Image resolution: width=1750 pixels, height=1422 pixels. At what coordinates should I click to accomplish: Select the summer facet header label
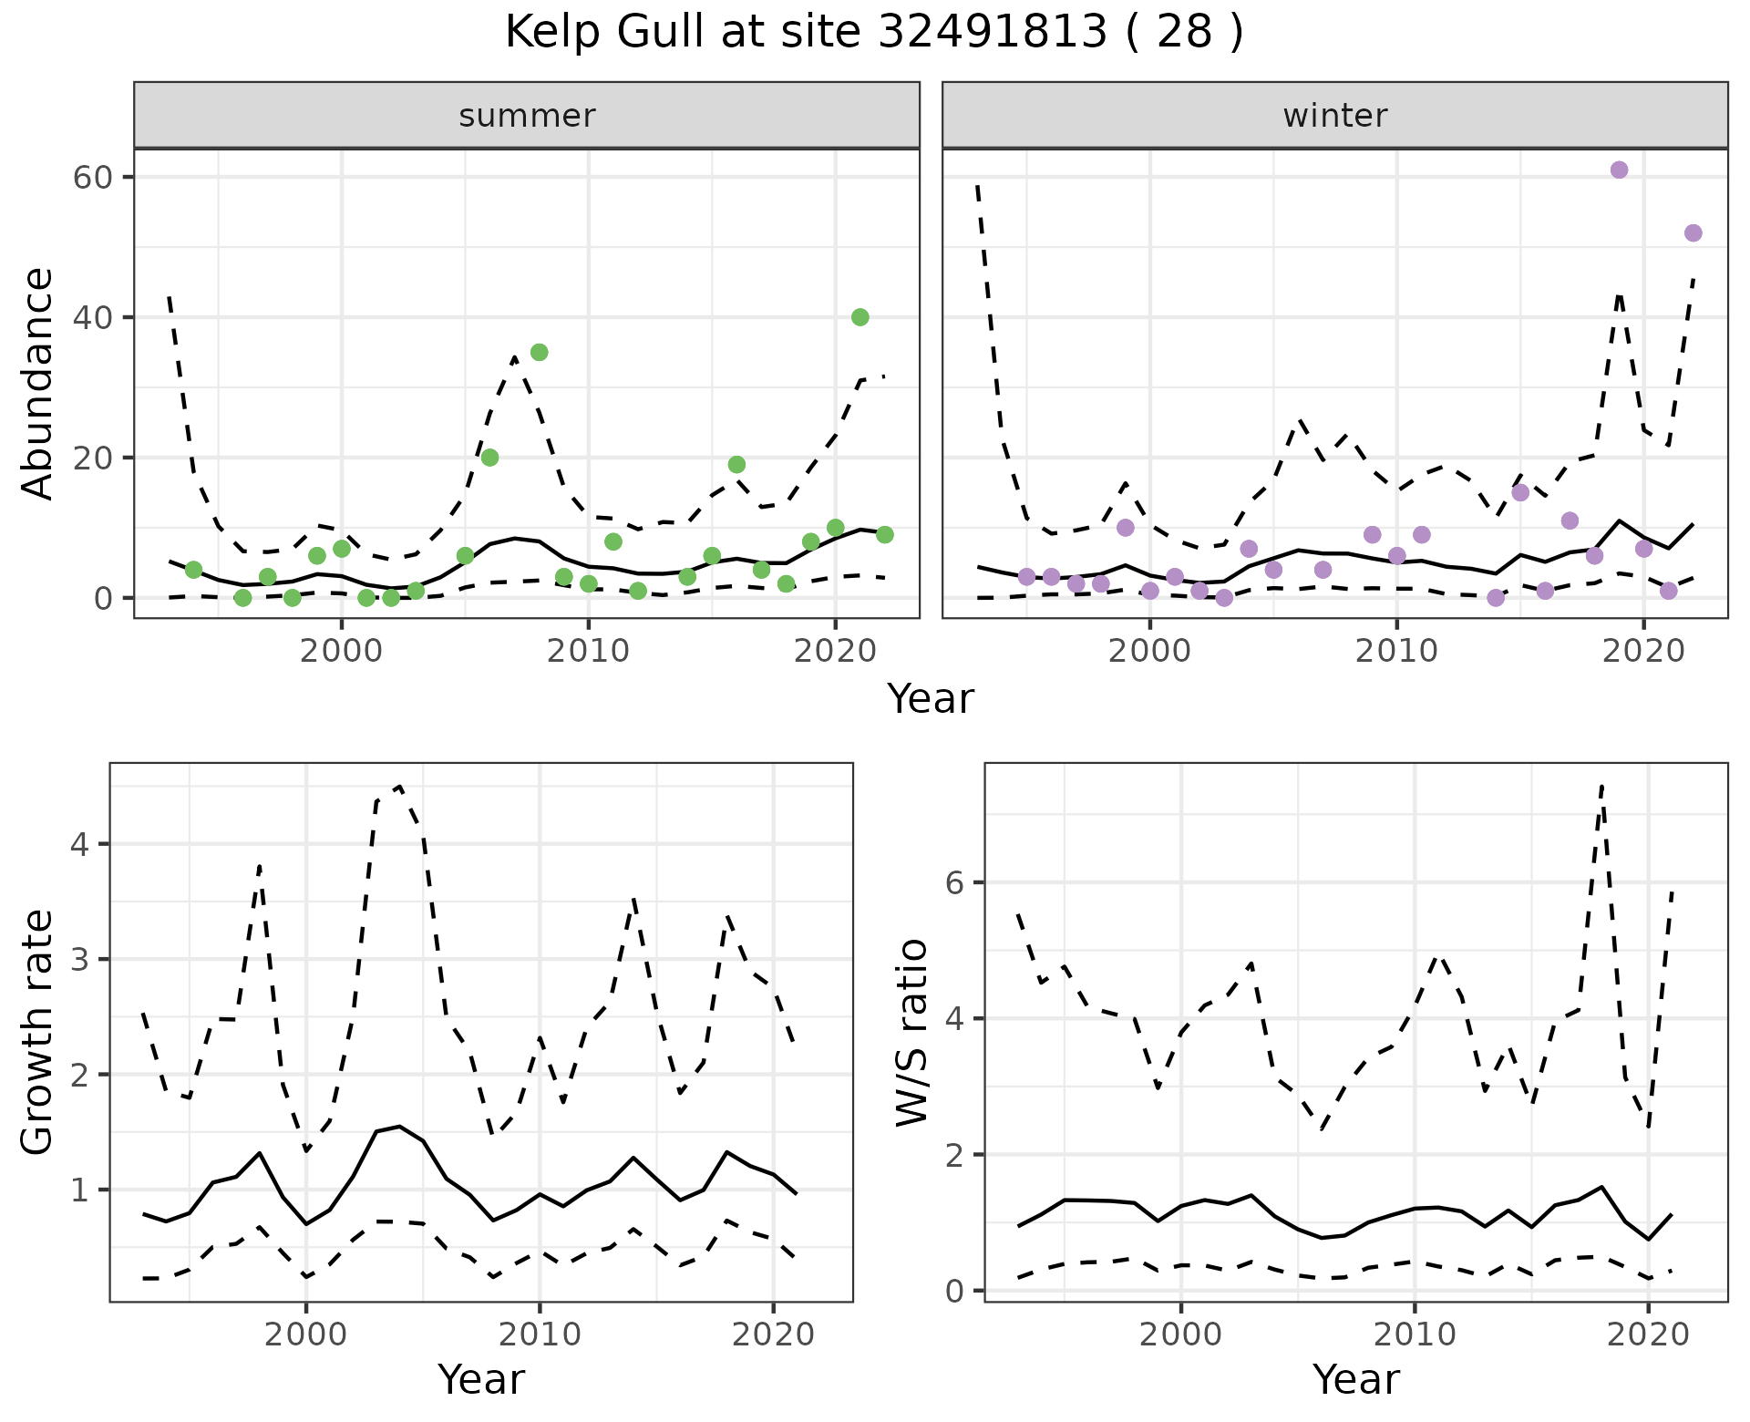(x=527, y=116)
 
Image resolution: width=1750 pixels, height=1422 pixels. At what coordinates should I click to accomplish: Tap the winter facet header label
(x=1334, y=116)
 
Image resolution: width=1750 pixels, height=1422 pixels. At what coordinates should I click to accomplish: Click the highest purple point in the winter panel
(x=1619, y=170)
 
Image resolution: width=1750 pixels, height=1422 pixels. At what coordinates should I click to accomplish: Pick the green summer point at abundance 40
(x=860, y=317)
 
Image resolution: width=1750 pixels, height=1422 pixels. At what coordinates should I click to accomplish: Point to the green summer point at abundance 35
(x=539, y=353)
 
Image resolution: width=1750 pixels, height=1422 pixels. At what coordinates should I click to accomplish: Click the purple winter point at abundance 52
(x=1693, y=233)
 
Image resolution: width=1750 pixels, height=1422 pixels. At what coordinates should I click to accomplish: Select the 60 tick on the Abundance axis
(x=90, y=177)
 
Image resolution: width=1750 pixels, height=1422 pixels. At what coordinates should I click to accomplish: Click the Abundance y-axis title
(x=38, y=384)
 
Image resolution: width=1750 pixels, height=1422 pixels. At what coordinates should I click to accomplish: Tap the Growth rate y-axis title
(x=38, y=1033)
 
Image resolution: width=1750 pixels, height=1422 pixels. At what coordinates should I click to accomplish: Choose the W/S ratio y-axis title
(x=911, y=1033)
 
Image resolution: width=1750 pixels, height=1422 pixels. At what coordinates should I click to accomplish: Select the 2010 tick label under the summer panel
(x=588, y=652)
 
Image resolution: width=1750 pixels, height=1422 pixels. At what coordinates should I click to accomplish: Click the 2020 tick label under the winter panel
(x=1642, y=652)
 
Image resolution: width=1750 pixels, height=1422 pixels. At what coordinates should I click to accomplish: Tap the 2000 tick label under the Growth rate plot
(x=306, y=1335)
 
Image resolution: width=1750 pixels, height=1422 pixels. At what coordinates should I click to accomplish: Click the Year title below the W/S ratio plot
(x=1355, y=1379)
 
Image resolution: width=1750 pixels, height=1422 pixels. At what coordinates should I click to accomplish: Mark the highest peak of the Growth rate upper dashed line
(x=400, y=786)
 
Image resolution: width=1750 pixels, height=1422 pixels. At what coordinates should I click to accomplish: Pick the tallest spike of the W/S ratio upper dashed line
(x=1601, y=785)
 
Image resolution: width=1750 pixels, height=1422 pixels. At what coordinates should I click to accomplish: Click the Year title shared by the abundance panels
(x=931, y=699)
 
